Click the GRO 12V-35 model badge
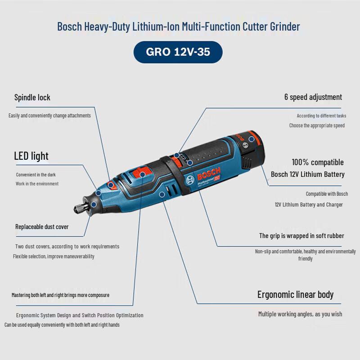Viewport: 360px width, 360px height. pyautogui.click(x=178, y=52)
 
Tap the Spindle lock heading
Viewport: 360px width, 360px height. pyautogui.click(x=32, y=97)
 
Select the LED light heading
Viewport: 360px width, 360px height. pyautogui.click(x=31, y=156)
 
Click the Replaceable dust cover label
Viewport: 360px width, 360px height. pyautogui.click(x=42, y=227)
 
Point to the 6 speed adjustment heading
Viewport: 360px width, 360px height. pyautogui.click(x=313, y=97)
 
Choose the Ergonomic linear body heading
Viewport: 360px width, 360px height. pyautogui.click(x=295, y=295)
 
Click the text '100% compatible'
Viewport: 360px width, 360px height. pyautogui.click(x=318, y=162)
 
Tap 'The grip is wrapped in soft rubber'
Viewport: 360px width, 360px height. pyautogui.click(x=301, y=236)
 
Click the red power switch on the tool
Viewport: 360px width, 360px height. pyautogui.click(x=140, y=174)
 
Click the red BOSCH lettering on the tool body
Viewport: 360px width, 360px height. pyautogui.click(x=209, y=174)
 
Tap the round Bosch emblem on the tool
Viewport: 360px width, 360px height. pyautogui.click(x=190, y=180)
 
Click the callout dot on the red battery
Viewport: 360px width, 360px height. pyautogui.click(x=252, y=139)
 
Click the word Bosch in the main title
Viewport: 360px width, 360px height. pyautogui.click(x=70, y=27)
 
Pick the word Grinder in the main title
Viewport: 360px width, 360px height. pyautogui.click(x=285, y=27)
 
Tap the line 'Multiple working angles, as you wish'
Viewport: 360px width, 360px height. pyautogui.click(x=300, y=314)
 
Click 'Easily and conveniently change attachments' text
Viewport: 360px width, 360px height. pyautogui.click(x=49, y=116)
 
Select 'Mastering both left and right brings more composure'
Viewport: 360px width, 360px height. pyautogui.click(x=60, y=295)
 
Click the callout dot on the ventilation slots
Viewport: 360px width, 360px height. pyautogui.click(x=162, y=194)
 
